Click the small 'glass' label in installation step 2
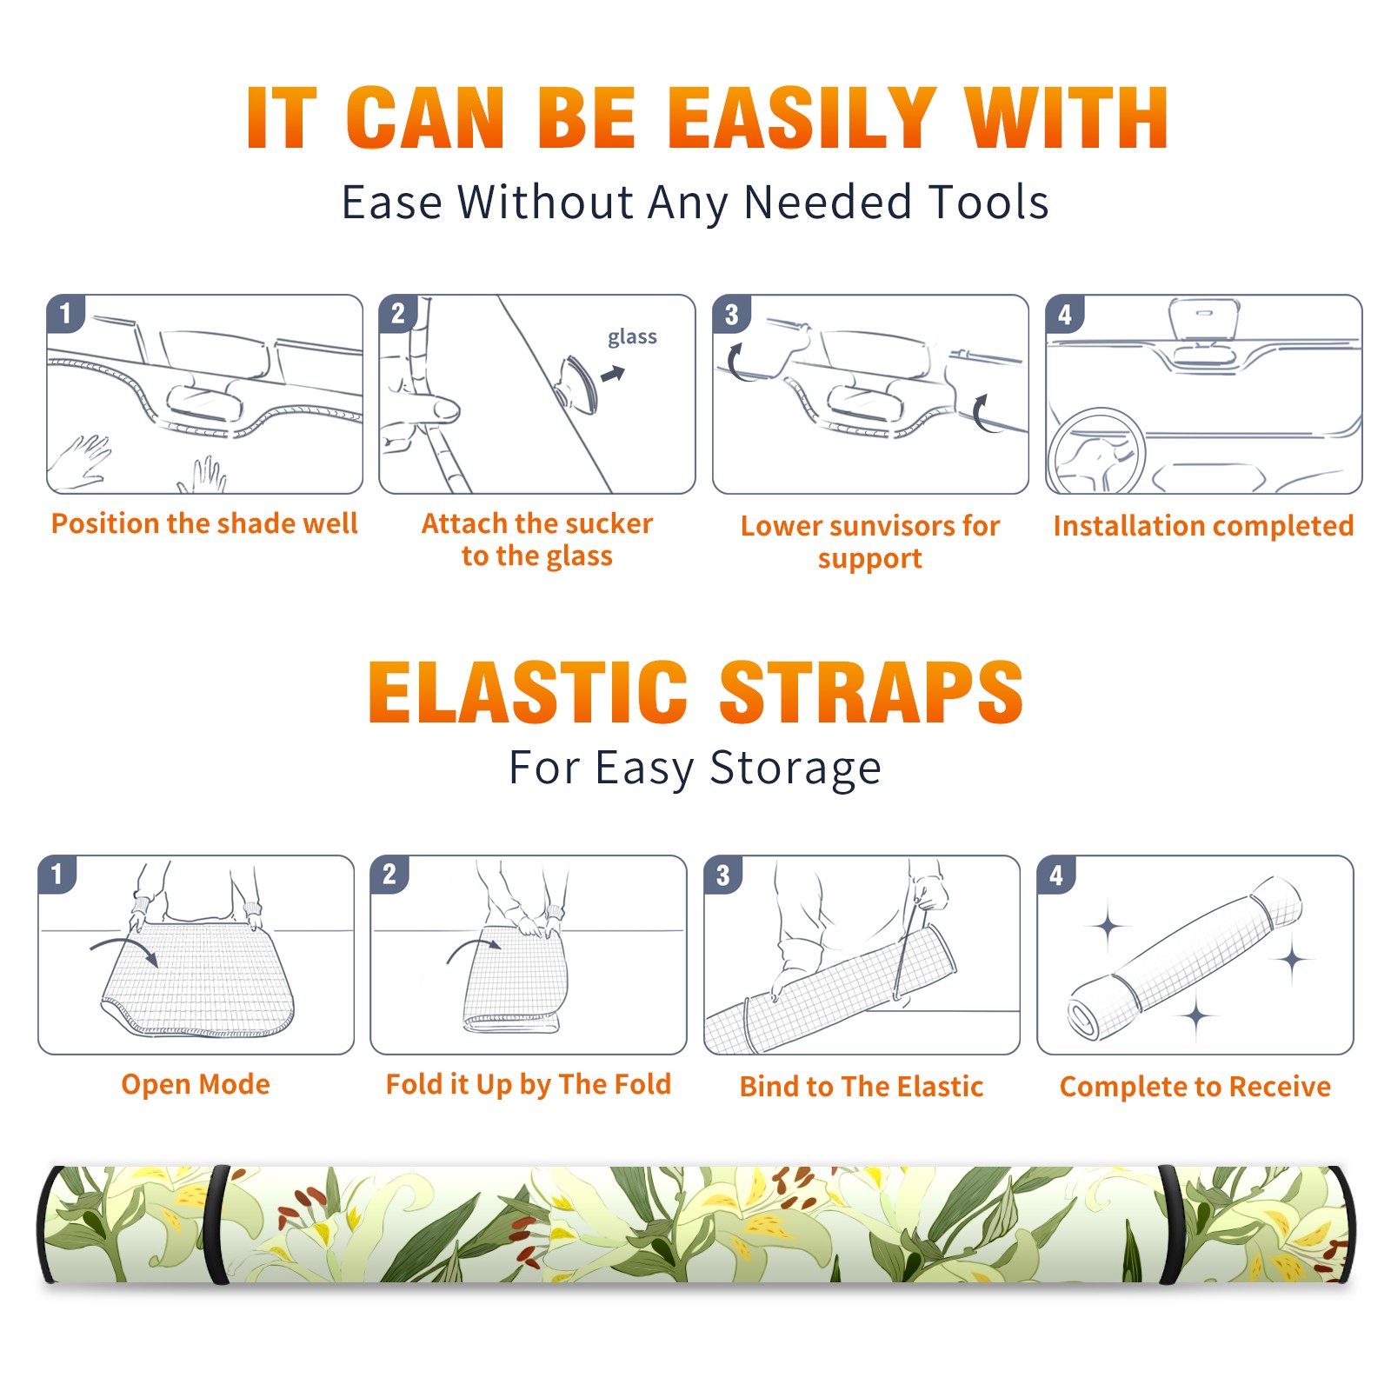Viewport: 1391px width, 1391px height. (632, 337)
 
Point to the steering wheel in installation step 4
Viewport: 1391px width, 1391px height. (1095, 451)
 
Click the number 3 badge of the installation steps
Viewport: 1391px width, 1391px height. (731, 315)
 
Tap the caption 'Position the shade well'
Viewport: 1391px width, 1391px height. (204, 523)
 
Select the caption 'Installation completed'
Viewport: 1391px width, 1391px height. (1203, 526)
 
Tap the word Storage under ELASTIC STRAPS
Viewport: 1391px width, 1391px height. (795, 769)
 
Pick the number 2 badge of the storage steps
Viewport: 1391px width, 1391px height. (389, 875)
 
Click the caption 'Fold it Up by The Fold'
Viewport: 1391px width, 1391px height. (529, 1084)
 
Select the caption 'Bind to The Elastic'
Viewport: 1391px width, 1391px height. (862, 1087)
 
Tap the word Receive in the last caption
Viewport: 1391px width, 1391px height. (1280, 1087)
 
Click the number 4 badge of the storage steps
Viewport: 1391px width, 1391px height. (1056, 875)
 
